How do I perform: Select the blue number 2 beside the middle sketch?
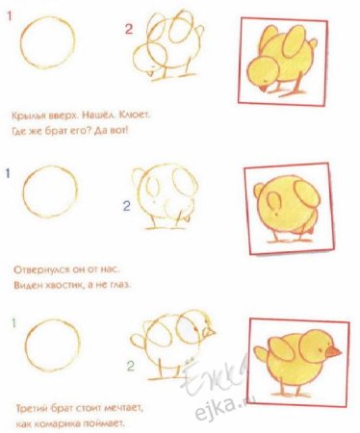125,205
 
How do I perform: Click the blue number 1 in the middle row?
8,174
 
